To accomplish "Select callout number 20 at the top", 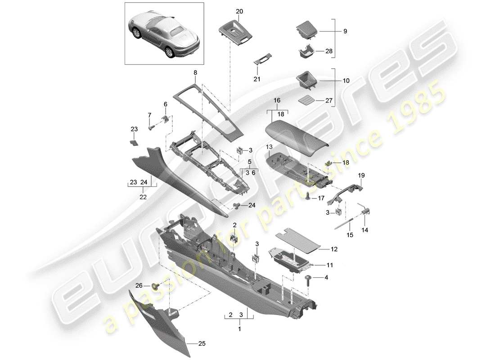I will tap(239, 11).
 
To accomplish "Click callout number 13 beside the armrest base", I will tap(269, 147).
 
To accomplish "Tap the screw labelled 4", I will tap(309, 280).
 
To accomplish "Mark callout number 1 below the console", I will tap(239, 329).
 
